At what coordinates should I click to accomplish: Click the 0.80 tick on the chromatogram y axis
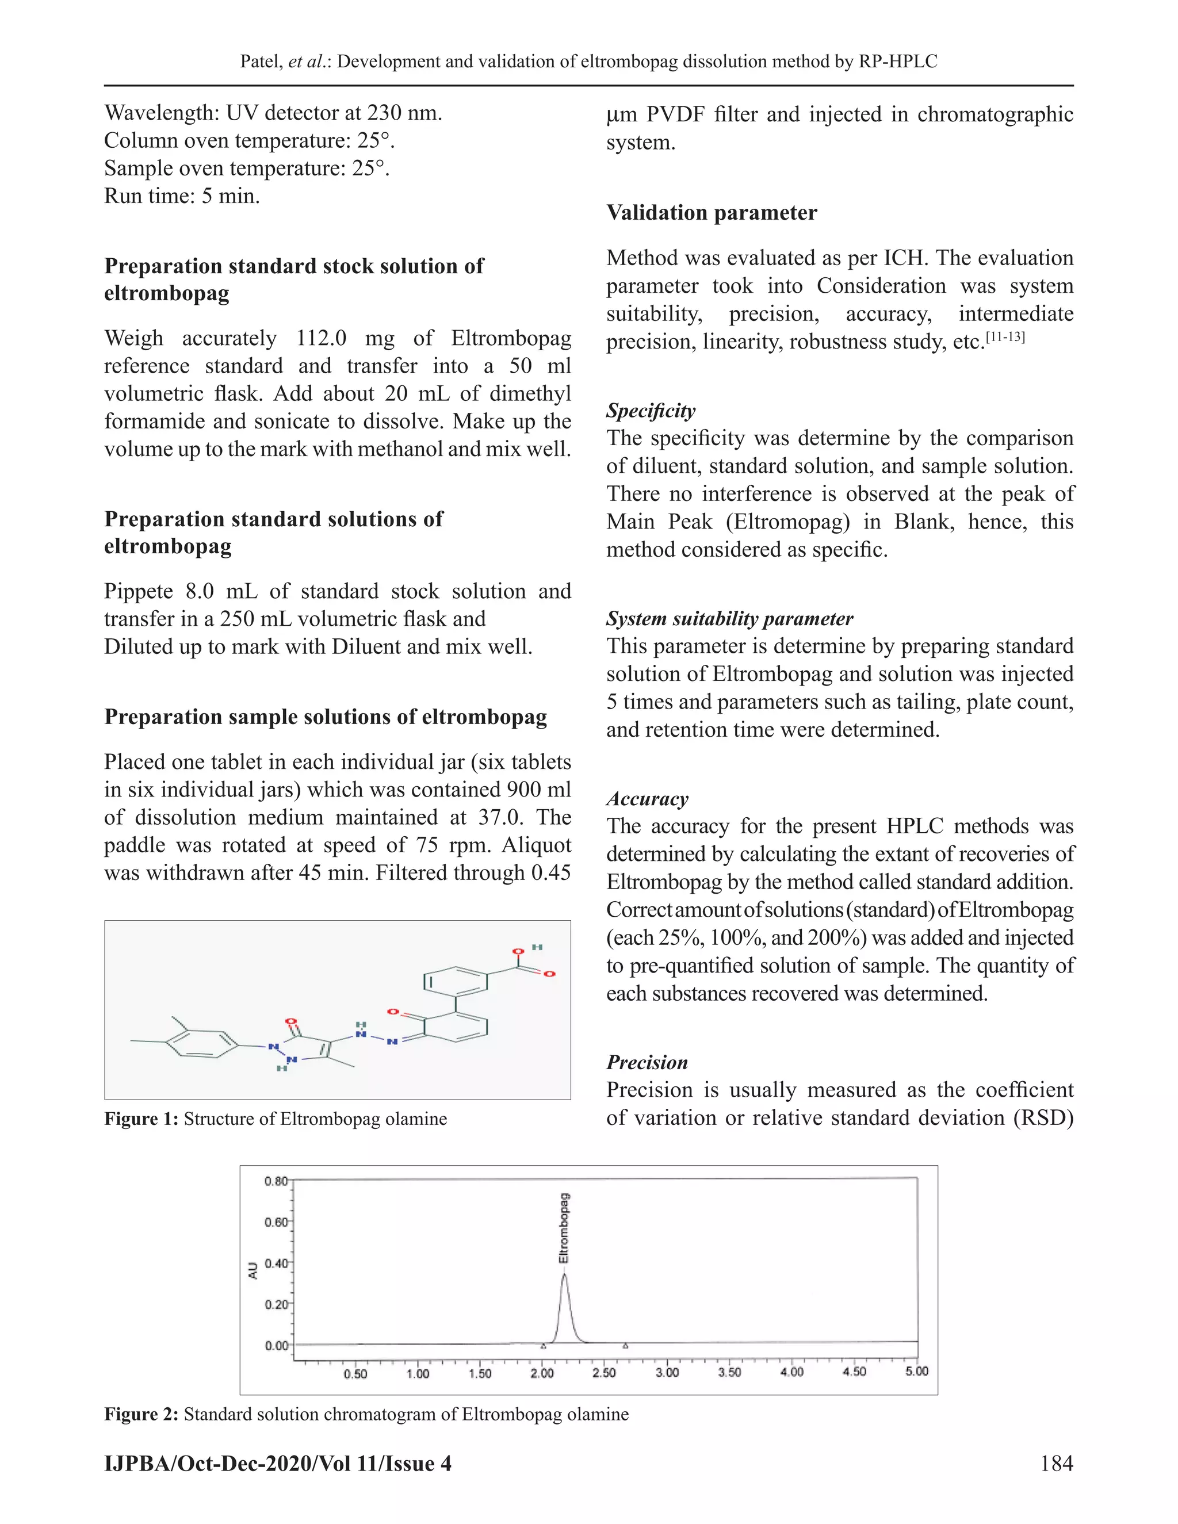(276, 1181)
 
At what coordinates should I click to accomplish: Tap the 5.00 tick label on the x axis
(916, 1372)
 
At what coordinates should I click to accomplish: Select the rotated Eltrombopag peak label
(564, 1228)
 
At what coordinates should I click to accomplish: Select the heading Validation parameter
(711, 213)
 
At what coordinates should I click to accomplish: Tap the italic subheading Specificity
(651, 410)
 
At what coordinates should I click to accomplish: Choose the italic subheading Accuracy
(647, 798)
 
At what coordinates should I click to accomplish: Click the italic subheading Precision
(647, 1062)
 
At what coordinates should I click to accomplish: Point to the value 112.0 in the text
(321, 338)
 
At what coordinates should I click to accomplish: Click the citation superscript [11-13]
(1005, 337)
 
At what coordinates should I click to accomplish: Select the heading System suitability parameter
(729, 618)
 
